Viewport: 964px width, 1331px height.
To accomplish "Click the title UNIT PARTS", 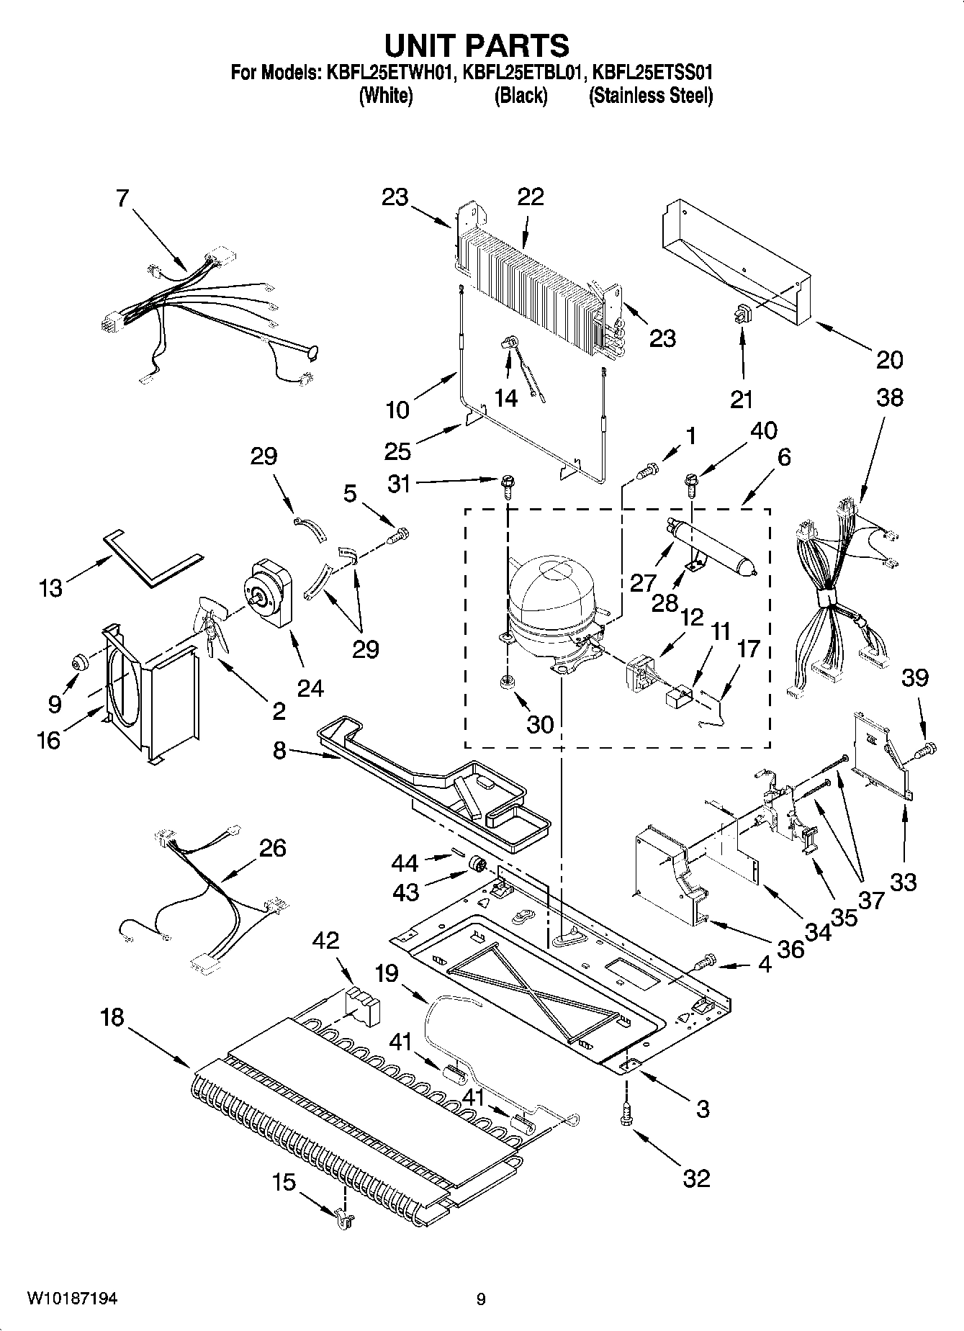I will [x=476, y=45].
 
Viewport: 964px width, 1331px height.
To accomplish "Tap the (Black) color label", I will [x=520, y=96].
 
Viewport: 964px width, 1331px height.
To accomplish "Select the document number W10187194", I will [x=72, y=1298].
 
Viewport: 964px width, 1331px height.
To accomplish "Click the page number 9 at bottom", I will [x=480, y=1299].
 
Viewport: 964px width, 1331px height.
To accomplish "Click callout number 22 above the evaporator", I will [x=531, y=197].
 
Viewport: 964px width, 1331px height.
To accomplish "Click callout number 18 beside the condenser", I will [x=112, y=1018].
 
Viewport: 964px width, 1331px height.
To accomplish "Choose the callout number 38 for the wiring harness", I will [x=890, y=397].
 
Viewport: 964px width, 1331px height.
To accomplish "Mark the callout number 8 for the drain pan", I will [x=279, y=751].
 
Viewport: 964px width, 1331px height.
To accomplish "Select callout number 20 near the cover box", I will [x=890, y=358].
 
